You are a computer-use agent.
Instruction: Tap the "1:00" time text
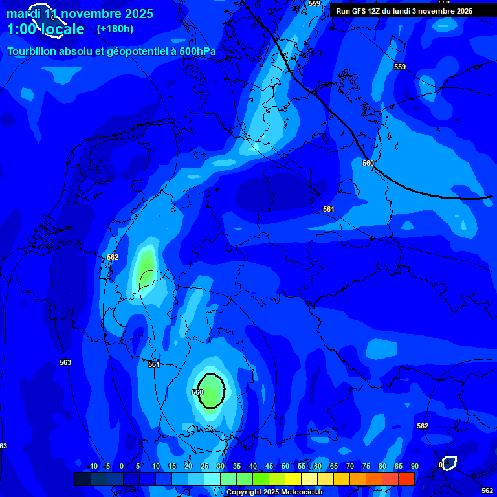coord(22,29)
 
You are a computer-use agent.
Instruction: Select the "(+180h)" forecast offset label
coord(115,29)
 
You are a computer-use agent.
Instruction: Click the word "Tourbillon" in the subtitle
coord(36,51)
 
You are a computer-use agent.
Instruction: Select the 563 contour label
coord(65,362)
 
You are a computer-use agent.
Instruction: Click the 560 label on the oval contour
coord(198,392)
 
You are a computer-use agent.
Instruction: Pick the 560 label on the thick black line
coord(368,163)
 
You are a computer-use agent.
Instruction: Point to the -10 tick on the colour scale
coord(92,467)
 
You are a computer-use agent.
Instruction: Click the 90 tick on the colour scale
coord(414,467)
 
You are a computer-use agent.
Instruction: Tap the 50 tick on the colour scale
coord(285,467)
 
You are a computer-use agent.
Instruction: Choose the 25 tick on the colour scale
coord(204,467)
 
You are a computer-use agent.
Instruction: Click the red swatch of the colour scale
coord(406,479)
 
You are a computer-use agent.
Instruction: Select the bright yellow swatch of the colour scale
coord(293,479)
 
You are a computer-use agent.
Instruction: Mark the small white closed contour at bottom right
coord(448,463)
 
